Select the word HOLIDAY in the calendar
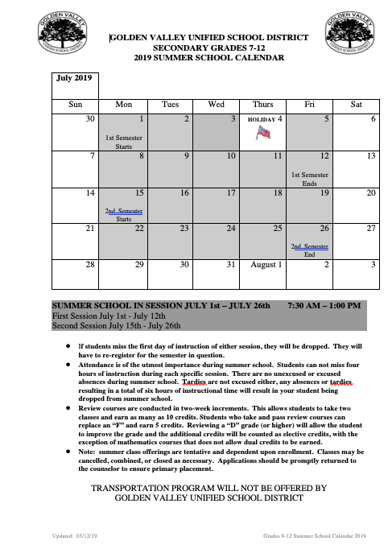coord(261,119)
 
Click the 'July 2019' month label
coord(72,79)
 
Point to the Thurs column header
coord(262,104)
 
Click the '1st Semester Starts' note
coord(123,143)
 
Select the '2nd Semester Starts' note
coord(123,214)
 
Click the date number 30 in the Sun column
coord(90,119)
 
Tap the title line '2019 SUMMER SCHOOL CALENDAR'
coord(208,58)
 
